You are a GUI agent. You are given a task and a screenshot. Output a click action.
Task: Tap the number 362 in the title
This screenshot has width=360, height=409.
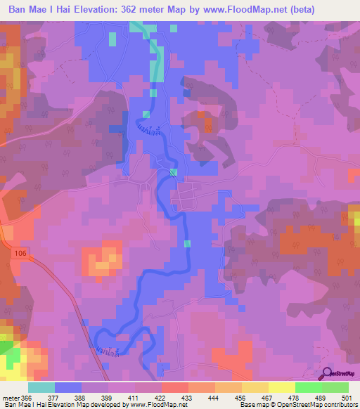pos(156,10)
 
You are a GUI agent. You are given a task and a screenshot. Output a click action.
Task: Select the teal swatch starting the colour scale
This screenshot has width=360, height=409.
pos(41,388)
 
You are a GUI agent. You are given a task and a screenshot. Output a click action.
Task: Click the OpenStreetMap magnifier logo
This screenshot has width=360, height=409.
pos(328,373)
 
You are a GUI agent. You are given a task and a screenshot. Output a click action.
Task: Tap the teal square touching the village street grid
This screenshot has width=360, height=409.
pos(174,172)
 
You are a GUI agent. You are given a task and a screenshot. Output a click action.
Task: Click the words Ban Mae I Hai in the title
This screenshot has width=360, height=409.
pos(41,10)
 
